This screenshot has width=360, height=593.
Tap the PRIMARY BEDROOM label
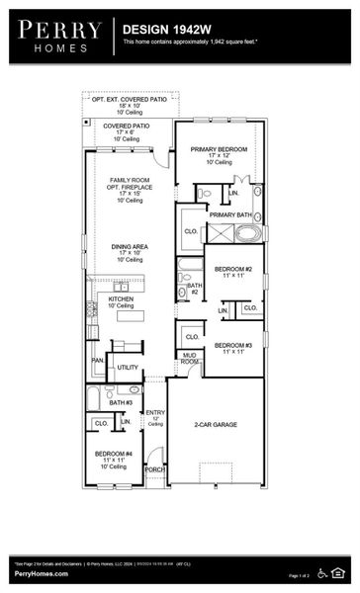pyautogui.click(x=219, y=149)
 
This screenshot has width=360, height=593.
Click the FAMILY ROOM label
pyautogui.click(x=129, y=180)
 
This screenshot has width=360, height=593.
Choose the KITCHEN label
pyautogui.click(x=121, y=297)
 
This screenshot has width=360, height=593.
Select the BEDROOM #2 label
pyautogui.click(x=233, y=269)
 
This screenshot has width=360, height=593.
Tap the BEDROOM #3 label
pyautogui.click(x=233, y=345)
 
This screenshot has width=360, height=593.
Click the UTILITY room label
pyautogui.click(x=128, y=367)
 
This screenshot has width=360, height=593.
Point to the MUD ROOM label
pyautogui.click(x=189, y=358)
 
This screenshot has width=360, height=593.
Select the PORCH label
pyautogui.click(x=154, y=469)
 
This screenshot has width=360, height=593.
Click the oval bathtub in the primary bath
pyautogui.click(x=247, y=233)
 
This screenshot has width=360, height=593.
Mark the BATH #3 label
pyautogui.click(x=121, y=402)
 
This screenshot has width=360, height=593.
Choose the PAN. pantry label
pyautogui.click(x=97, y=361)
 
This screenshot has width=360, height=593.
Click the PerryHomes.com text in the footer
pyautogui.click(x=41, y=573)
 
